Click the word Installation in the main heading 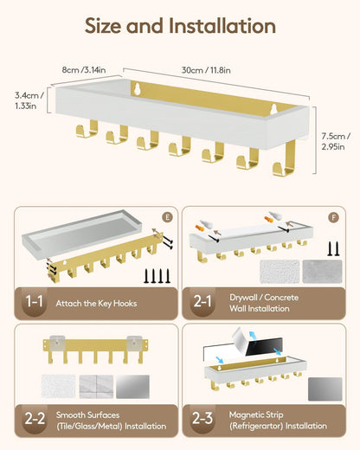coord(222,26)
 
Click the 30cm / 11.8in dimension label coord(206,70)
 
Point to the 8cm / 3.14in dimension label coord(84,70)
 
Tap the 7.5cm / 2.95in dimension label coord(336,141)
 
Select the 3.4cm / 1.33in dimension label coord(29,100)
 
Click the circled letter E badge coord(167,217)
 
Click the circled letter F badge coord(334,217)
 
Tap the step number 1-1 coord(35,302)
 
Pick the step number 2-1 coord(202,302)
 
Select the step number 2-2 coord(35,419)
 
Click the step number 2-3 coord(202,419)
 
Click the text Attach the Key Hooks coord(96,304)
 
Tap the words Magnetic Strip coord(256,415)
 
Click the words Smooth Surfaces coord(87,415)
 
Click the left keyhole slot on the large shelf coord(138,88)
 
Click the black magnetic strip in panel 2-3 coord(264,346)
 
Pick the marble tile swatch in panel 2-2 coord(96,387)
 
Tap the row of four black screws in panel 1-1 coord(157,276)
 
